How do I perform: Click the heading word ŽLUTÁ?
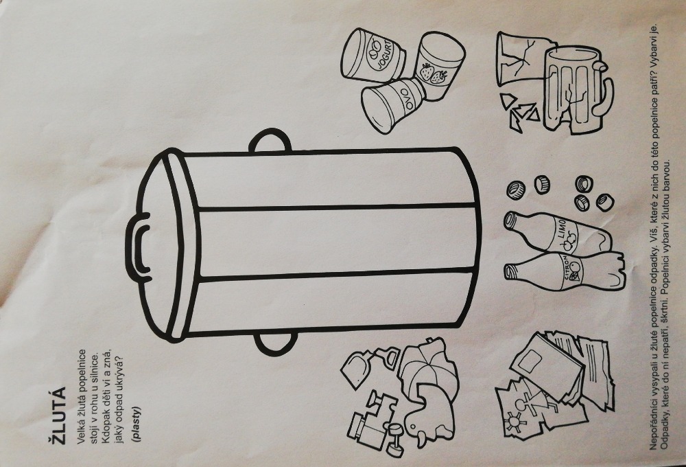pyautogui.click(x=58, y=415)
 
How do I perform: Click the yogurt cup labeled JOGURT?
pyautogui.click(x=372, y=56)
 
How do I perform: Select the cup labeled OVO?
pyautogui.click(x=392, y=105)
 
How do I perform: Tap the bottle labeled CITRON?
pyautogui.click(x=563, y=271)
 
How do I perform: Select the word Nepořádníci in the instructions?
pyautogui.click(x=654, y=426)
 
